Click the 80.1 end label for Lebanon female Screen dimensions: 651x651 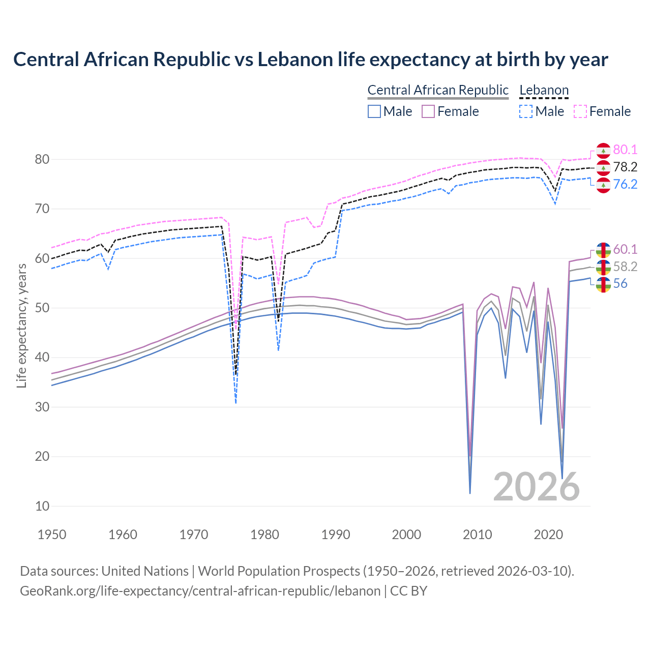(625, 150)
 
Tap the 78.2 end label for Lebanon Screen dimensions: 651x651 (625, 167)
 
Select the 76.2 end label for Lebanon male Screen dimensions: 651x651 (625, 184)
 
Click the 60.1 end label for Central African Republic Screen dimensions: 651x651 (625, 249)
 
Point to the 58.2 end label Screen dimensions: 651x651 (625, 267)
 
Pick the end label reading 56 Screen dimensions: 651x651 (620, 284)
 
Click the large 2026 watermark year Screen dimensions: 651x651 (536, 487)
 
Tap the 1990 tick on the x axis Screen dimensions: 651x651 (336, 535)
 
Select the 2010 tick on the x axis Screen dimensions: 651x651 (478, 535)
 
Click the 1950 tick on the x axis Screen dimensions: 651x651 (52, 535)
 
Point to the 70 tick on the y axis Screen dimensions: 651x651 (42, 209)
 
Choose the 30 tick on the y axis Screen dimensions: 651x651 (42, 407)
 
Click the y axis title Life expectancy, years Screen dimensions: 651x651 (21, 325)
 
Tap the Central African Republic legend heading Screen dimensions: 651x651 (438, 90)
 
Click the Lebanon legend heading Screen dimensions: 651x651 (544, 90)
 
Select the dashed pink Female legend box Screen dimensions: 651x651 (580, 111)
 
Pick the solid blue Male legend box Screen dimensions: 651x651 (374, 111)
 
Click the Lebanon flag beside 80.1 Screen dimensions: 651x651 (603, 151)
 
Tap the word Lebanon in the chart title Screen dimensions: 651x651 (295, 60)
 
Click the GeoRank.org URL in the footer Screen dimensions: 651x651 (200, 591)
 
